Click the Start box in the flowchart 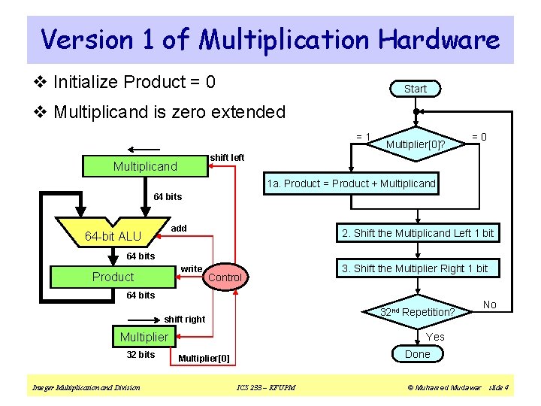[415, 89]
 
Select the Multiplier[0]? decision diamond [416, 142]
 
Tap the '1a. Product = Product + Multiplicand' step [351, 183]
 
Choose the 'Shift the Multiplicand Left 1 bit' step [418, 233]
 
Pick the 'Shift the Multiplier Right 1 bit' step [415, 268]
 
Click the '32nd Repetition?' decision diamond [418, 311]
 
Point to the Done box [418, 354]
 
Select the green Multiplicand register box [144, 165]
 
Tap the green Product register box [113, 277]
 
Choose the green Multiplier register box [144, 337]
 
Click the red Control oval [225, 277]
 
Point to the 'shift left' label [227, 157]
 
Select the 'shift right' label [184, 320]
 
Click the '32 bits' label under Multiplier [141, 355]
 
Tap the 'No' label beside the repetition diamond [490, 304]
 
